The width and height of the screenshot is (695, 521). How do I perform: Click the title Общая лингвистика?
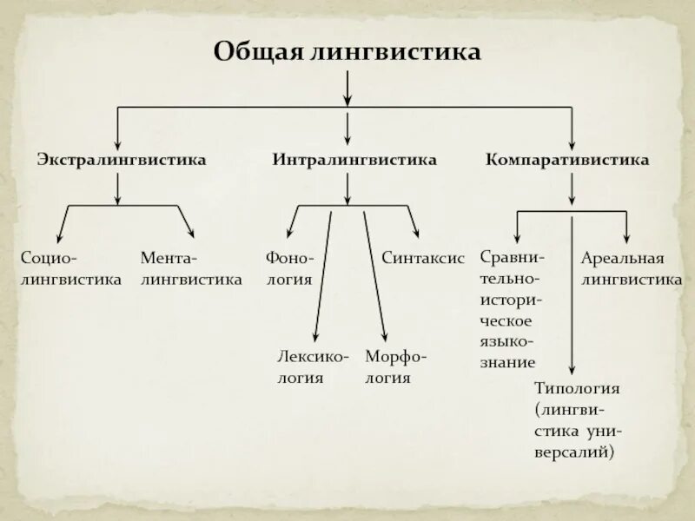pyautogui.click(x=347, y=52)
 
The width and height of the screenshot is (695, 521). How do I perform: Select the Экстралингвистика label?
pyautogui.click(x=121, y=161)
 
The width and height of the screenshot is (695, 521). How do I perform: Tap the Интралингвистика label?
pyautogui.click(x=354, y=161)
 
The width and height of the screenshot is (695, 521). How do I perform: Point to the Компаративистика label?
pyautogui.click(x=567, y=161)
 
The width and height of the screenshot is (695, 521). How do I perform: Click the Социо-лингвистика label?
pyautogui.click(x=70, y=269)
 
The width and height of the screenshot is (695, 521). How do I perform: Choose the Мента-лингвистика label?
pyautogui.click(x=191, y=269)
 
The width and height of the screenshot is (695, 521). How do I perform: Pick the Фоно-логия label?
pyautogui.click(x=289, y=269)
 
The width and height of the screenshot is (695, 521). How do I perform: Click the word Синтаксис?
pyautogui.click(x=423, y=259)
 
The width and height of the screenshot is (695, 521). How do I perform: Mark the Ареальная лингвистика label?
pyautogui.click(x=631, y=269)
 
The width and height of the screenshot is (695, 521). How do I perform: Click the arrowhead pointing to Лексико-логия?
pyautogui.click(x=314, y=337)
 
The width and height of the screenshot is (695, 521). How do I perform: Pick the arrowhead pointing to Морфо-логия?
pyautogui.click(x=383, y=337)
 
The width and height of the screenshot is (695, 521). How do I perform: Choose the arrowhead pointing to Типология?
pyautogui.click(x=573, y=370)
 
